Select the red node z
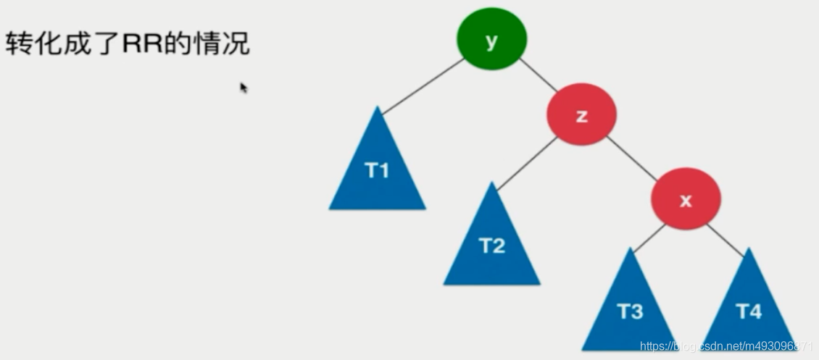pyautogui.click(x=581, y=115)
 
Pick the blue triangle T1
pyautogui.click(x=377, y=172)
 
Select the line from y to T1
pyautogui.click(x=423, y=86)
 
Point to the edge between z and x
pyautogui.click(x=633, y=158)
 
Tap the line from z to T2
pyautogui.click(x=527, y=164)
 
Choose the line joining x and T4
pyautogui.click(x=725, y=239)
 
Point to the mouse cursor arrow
pyautogui.click(x=244, y=88)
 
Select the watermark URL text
pyautogui.click(x=725, y=347)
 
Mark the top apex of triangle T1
pyautogui.click(x=377, y=109)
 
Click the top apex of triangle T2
pyautogui.click(x=491, y=184)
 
